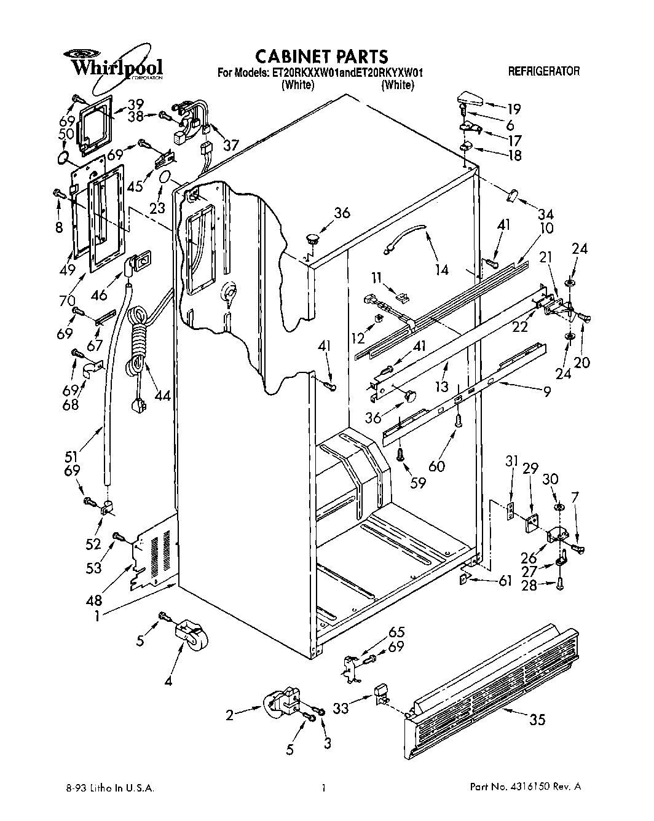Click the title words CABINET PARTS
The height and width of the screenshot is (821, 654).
coord(321,57)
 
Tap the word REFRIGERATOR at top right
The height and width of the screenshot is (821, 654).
coord(543,72)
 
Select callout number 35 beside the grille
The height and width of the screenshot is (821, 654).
coord(537,720)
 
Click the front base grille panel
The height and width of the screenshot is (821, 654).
coord(492,691)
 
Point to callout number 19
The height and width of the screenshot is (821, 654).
coord(513,109)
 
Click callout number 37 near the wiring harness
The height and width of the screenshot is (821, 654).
coord(230,146)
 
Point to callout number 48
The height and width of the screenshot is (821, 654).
coord(95,600)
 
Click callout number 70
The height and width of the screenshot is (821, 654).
coord(67,301)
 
